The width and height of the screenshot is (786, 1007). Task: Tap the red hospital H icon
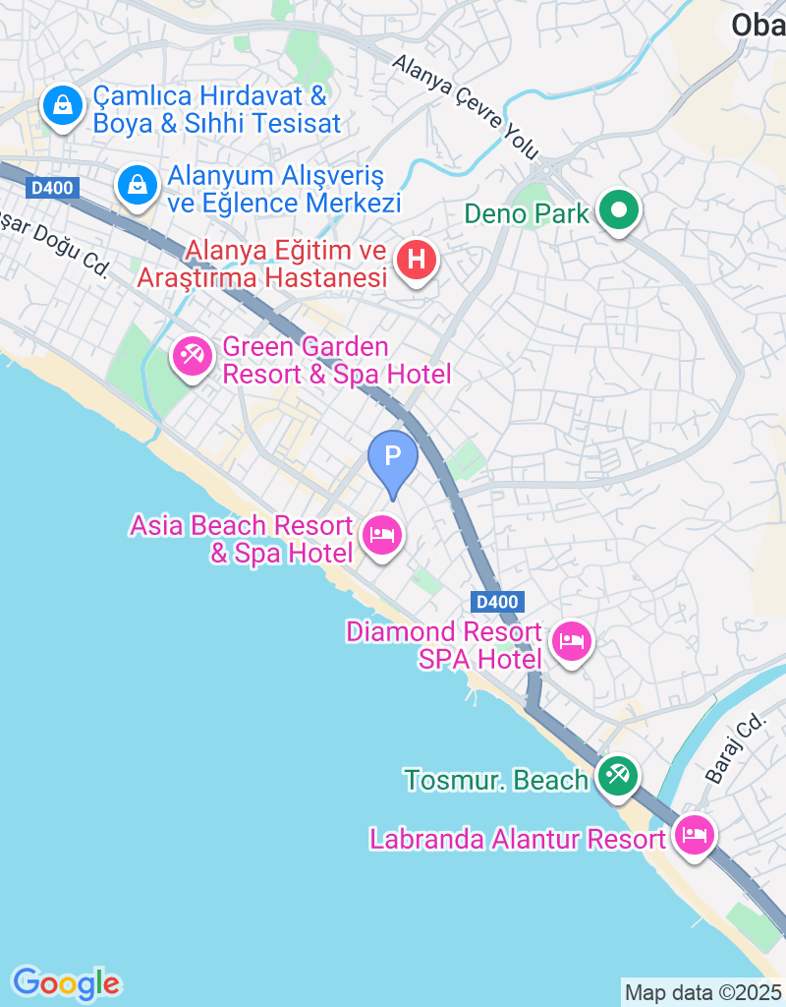418,261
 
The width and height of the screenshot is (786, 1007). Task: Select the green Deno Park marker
620,210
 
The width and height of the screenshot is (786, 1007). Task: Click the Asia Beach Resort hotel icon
381,535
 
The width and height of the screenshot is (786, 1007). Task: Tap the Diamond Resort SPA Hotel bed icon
571,642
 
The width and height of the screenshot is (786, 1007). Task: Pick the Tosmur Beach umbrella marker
618,777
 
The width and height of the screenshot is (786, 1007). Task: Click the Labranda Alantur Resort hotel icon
695,837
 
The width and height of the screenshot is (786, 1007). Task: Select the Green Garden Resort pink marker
192,355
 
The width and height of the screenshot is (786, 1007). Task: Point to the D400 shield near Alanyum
51,187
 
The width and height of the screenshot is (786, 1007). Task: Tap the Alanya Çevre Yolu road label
466,106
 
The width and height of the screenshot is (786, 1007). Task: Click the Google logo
66,982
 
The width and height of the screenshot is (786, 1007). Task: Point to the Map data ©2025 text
703,992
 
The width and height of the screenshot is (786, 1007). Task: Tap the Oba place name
758,25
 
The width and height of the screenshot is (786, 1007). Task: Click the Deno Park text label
527,212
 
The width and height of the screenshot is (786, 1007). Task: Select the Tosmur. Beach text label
496,780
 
